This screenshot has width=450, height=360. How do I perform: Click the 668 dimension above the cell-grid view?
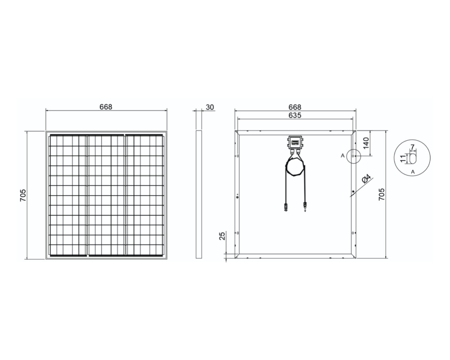106,107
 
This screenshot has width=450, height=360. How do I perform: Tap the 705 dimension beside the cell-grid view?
23,195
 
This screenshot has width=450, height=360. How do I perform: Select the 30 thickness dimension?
210,107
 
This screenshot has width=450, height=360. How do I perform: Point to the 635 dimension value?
295,115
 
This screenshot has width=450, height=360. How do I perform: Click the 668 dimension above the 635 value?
295,107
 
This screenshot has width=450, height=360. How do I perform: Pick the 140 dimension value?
366,143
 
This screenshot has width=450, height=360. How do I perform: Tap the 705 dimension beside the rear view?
382,194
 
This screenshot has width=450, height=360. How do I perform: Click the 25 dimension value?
223,236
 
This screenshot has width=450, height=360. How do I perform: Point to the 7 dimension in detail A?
412,147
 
